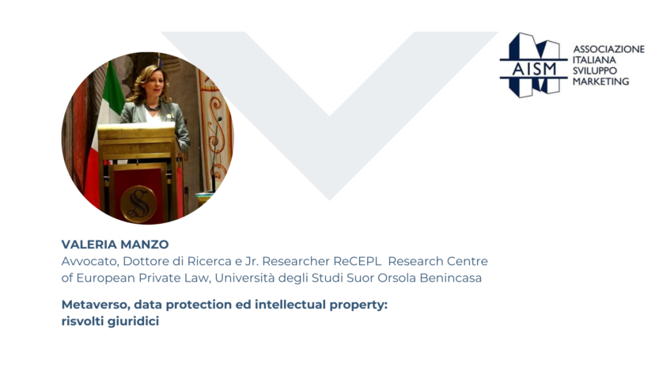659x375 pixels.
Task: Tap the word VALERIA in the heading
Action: [x=89, y=244]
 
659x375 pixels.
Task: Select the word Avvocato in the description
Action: [x=90, y=262]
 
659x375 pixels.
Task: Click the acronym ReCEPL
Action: [x=358, y=261]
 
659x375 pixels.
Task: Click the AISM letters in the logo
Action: [x=534, y=69]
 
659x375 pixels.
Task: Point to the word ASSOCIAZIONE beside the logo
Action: [x=608, y=49]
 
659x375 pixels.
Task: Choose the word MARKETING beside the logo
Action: [x=601, y=81]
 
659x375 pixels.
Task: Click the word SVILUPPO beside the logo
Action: [x=595, y=70]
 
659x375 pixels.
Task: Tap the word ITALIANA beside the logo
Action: [x=594, y=59]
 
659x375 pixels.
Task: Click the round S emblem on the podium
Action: [x=138, y=204]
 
